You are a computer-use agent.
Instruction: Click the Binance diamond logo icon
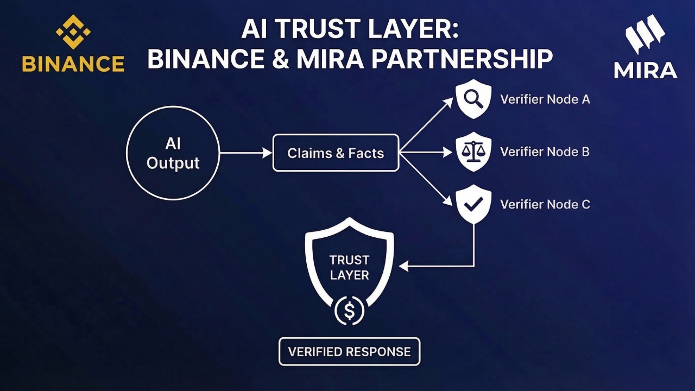tap(73, 31)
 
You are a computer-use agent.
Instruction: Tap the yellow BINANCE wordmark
tap(73, 64)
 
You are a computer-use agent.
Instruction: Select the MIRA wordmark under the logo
tap(646, 70)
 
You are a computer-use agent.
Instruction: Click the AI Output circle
tap(173, 153)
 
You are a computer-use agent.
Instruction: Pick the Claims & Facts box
tap(336, 153)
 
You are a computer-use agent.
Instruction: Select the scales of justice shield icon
tap(473, 152)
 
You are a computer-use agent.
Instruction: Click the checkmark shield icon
tap(473, 204)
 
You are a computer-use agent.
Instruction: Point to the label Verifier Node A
tap(545, 99)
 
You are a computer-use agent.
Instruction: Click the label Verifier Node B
tap(545, 152)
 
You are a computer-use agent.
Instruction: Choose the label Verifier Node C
tap(545, 204)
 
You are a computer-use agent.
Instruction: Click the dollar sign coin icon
tap(350, 311)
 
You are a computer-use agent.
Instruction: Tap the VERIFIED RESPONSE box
tap(349, 351)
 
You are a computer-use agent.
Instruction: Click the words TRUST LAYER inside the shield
tap(349, 267)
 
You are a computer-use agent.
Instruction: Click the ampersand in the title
tap(278, 59)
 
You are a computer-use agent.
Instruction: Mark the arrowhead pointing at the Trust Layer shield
tap(403, 266)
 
